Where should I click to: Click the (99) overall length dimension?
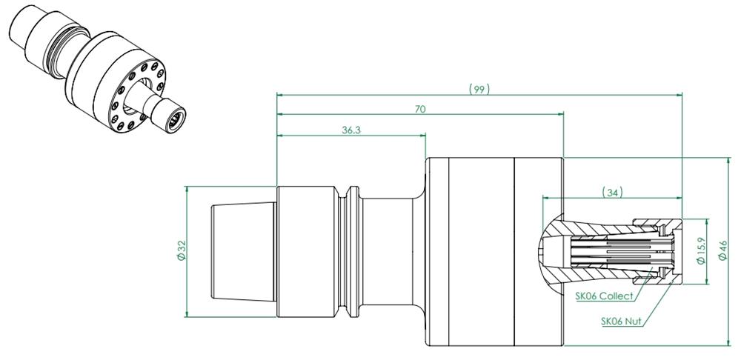tap(479, 89)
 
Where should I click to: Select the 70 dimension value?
tap(420, 109)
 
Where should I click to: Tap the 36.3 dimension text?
tap(351, 130)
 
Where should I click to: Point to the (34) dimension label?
tap(613, 192)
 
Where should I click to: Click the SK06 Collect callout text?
tap(604, 296)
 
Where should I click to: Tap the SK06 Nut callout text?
tap(622, 321)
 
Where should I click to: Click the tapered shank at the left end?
tap(243, 251)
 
